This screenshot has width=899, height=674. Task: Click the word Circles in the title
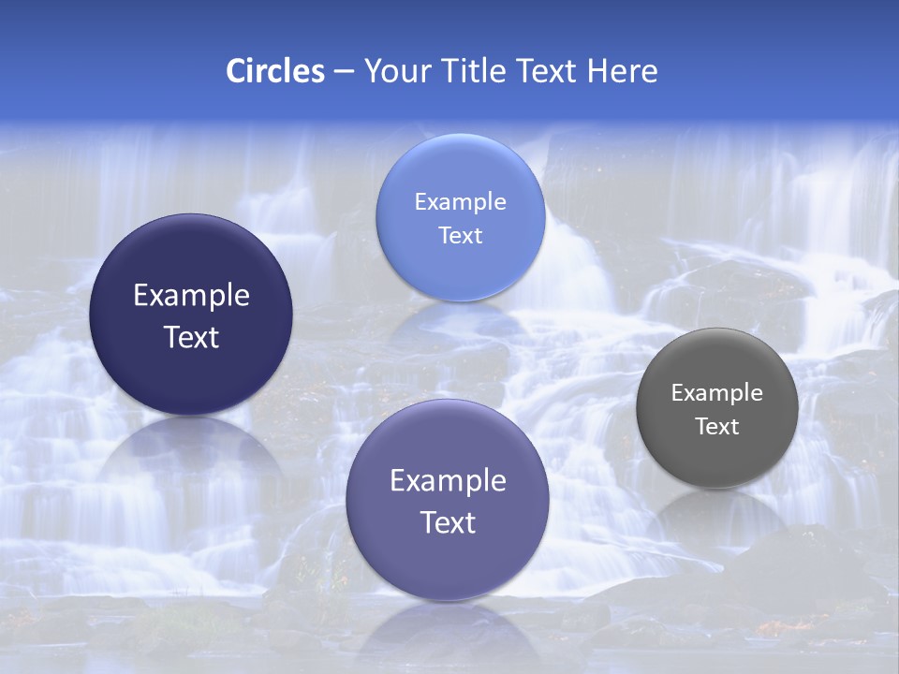275,71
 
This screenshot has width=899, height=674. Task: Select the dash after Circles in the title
344,72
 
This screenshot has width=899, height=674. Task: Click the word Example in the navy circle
191,296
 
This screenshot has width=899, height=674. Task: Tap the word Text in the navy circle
191,337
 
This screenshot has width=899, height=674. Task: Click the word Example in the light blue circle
461,202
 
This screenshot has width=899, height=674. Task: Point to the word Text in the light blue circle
461,236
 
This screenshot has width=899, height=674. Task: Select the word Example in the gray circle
717,393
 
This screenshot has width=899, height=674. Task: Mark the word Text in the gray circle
717,427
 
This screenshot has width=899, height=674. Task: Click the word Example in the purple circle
448,481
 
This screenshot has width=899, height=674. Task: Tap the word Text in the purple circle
448,522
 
